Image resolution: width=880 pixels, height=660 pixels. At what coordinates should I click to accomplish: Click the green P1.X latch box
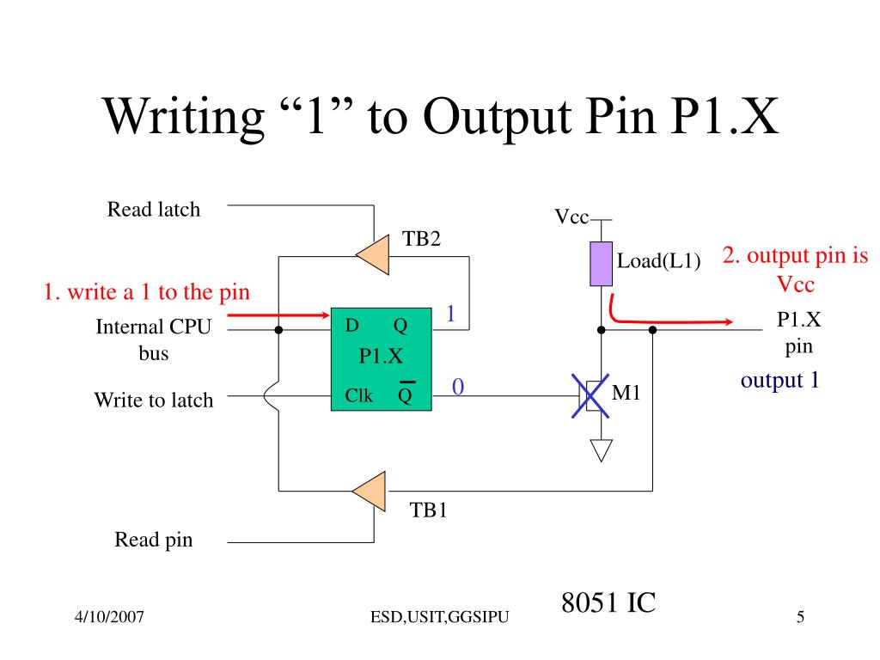click(381, 359)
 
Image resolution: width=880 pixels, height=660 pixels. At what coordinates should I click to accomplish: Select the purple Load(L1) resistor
click(601, 264)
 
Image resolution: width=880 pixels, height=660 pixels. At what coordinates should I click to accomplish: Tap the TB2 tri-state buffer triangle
click(373, 254)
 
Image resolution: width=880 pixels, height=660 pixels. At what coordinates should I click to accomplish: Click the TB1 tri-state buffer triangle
click(370, 492)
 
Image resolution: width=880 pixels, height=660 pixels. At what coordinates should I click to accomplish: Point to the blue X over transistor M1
click(590, 396)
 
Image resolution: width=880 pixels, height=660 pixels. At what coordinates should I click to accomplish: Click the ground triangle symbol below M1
click(601, 450)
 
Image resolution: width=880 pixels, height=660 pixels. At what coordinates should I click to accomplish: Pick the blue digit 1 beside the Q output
click(450, 313)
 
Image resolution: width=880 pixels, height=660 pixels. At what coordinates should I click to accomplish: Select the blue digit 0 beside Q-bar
click(458, 387)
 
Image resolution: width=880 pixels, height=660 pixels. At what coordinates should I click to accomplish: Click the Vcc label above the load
click(571, 217)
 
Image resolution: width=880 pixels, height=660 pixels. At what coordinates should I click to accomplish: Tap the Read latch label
click(154, 210)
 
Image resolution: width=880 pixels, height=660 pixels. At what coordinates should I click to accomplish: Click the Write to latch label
click(154, 400)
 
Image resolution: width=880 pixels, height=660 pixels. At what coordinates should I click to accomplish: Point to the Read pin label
click(154, 540)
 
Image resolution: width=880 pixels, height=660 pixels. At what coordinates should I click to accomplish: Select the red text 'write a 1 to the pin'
click(158, 292)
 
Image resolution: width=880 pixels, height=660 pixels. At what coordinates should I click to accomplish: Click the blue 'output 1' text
click(780, 381)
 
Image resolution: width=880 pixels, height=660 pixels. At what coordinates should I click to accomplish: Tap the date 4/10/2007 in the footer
click(109, 617)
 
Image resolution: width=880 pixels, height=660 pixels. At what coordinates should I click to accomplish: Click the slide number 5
click(800, 617)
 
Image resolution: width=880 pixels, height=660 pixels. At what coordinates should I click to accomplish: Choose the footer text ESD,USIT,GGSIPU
click(439, 617)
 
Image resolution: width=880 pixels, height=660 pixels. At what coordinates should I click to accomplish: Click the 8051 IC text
click(608, 602)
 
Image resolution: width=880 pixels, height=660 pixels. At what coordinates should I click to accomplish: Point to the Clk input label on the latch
click(358, 395)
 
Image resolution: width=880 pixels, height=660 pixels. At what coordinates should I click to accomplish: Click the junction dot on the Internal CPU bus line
click(278, 330)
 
